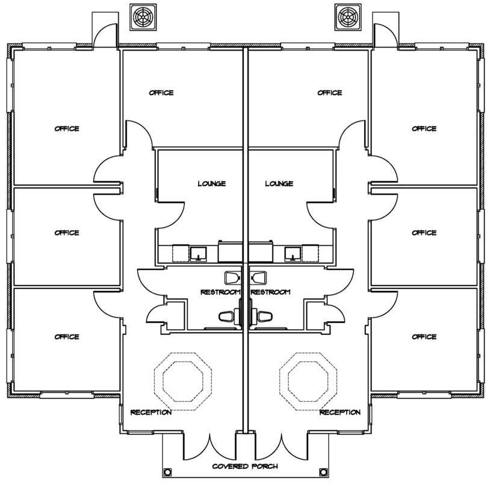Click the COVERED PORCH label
245,466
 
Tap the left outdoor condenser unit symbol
143,17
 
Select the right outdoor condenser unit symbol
348,17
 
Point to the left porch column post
167,471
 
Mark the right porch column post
323,471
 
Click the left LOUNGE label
211,184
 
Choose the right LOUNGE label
279,184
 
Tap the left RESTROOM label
221,292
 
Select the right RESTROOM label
271,292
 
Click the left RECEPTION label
151,412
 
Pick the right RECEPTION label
340,412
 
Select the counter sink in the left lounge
198,254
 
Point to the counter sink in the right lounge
293,254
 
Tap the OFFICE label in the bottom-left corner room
67,337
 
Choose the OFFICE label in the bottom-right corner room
424,337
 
